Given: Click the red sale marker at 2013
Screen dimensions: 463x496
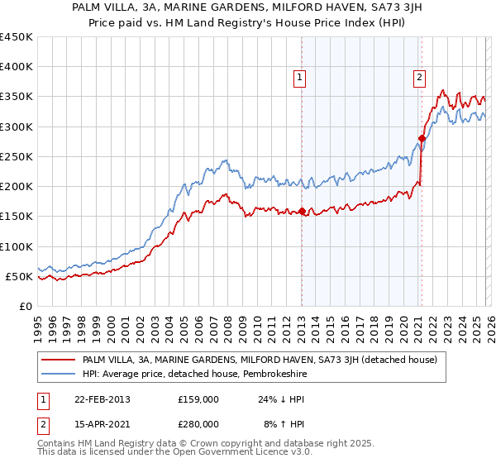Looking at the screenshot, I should coord(302,211).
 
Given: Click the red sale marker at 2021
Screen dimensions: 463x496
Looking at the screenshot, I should coord(422,139).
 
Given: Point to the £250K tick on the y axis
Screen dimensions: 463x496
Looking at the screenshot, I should coord(16,156).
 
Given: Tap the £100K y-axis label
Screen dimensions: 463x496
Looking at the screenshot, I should coord(16,246).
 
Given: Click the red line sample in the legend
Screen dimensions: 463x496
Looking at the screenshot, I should coord(59,360).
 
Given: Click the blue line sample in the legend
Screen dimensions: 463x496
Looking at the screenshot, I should coord(59,373).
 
